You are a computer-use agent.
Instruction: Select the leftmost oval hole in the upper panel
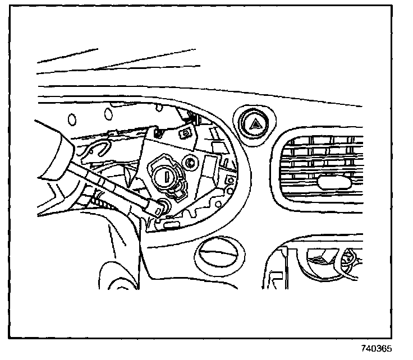72,118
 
